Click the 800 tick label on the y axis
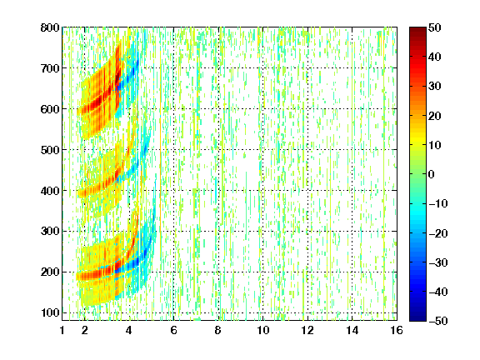pos(50,27)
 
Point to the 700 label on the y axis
pos(50,68)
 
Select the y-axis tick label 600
pos(50,109)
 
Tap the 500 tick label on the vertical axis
pos(50,150)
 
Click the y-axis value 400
pos(50,191)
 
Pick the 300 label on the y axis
pos(50,231)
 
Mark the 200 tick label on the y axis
pos(50,272)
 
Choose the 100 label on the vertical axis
pos(50,312)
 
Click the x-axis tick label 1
pos(62,330)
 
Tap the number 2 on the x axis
pos(85,330)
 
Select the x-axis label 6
pos(174,330)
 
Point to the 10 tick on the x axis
pos(263,330)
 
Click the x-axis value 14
pos(352,330)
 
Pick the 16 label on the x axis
pos(397,330)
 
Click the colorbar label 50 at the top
pos(435,27)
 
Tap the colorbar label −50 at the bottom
pos(438,321)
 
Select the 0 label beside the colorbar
pos(432,174)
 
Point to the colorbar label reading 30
pos(435,87)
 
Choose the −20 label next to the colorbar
pos(438,233)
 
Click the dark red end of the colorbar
pos(417,30)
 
